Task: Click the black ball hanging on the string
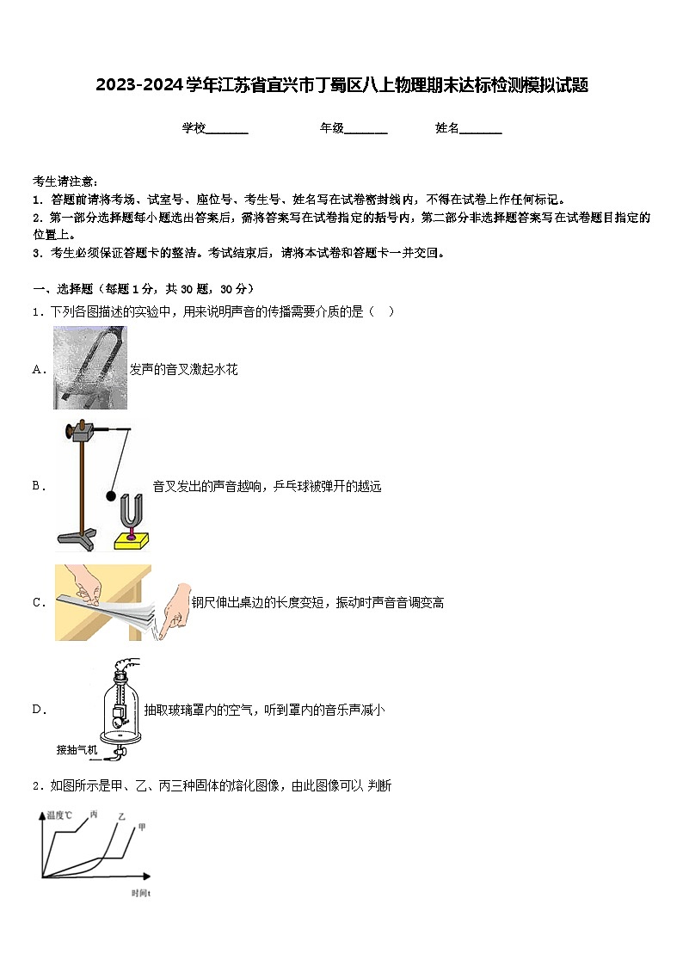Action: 110,495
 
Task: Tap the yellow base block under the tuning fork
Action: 132,540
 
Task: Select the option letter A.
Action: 39,369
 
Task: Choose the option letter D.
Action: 39,710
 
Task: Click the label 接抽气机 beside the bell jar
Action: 77,749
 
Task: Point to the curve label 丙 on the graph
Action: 94,814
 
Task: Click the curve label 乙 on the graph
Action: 121,816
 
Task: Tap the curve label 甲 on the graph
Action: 142,828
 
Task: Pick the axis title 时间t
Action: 142,894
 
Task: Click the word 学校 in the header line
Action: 194,128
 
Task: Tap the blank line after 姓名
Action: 481,130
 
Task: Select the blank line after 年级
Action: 366,130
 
